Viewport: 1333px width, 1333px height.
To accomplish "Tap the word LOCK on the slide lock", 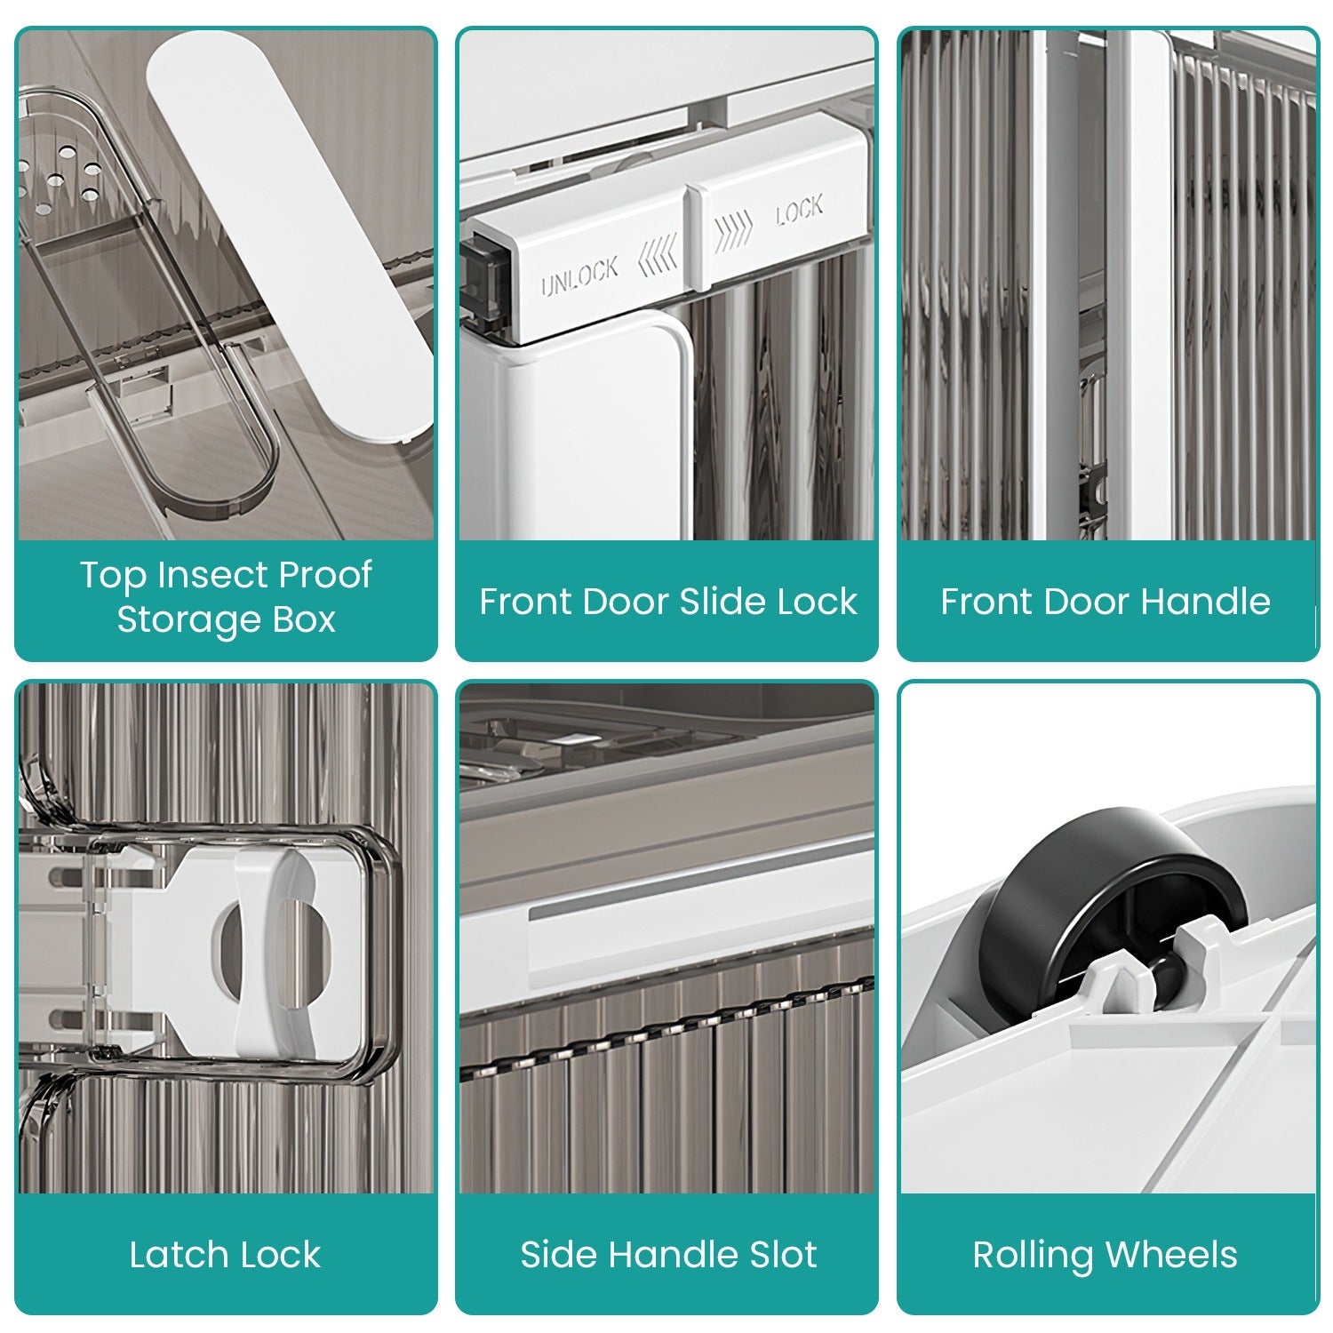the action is (799, 211).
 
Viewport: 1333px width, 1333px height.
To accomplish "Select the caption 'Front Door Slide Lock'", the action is (668, 602).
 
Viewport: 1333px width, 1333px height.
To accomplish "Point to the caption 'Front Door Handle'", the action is (1106, 602).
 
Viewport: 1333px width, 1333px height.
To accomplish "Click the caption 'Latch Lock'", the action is (225, 1255).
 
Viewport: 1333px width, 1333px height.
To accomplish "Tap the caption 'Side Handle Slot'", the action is (668, 1255).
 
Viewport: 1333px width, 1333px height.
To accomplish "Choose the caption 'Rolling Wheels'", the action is (1105, 1255).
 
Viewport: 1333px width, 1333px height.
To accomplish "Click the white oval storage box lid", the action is (290, 235).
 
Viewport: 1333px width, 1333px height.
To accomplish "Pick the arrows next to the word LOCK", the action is (734, 228).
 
